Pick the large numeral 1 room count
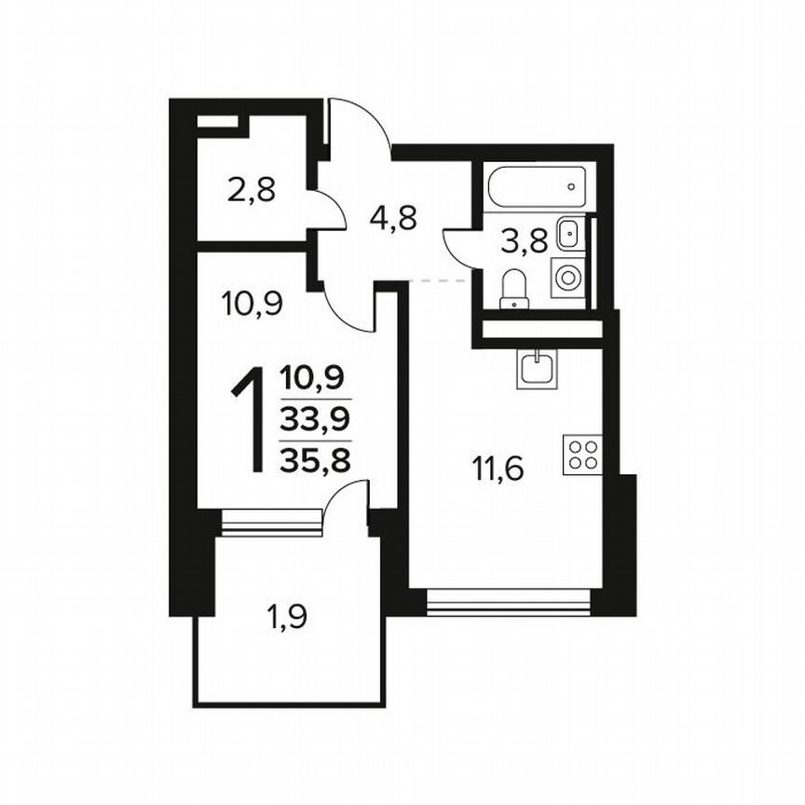[x=250, y=420]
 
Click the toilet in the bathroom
[x=513, y=288]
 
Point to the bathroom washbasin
[x=568, y=233]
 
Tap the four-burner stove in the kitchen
[x=583, y=455]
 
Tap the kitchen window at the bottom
[x=509, y=605]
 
